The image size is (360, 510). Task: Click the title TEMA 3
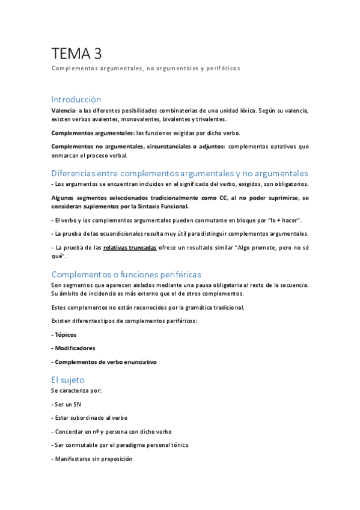[x=76, y=54]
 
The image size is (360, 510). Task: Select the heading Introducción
[x=76, y=99]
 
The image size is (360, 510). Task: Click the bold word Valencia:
[x=64, y=111]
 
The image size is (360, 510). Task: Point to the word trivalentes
[x=209, y=119]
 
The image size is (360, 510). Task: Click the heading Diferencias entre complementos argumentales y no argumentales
[x=180, y=173]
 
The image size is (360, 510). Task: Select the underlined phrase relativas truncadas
[x=130, y=247]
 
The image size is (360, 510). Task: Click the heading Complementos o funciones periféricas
[x=126, y=274]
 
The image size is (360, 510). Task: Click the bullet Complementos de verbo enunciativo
[x=105, y=362]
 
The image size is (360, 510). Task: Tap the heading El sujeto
[x=68, y=379]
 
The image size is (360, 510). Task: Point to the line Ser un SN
[x=68, y=404]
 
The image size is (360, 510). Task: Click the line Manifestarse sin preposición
[x=93, y=459]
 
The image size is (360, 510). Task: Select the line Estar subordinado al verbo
[x=91, y=417]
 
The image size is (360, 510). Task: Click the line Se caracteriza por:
[x=76, y=390]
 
